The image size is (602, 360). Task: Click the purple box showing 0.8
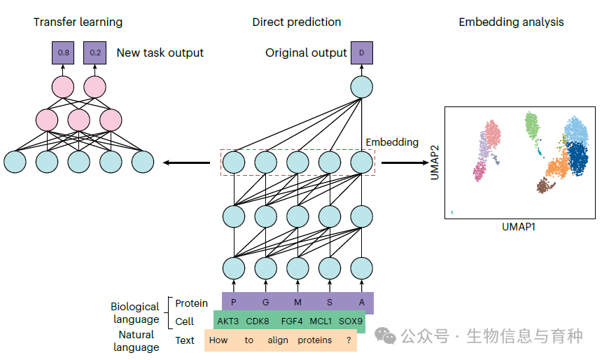62,53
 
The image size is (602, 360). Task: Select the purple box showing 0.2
94,53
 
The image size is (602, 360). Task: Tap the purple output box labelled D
361,53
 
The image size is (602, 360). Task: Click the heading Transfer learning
78,22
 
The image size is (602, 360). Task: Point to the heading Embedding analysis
511,22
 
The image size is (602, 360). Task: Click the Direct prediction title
297,22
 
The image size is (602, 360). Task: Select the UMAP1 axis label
519,227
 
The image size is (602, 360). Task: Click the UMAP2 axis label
435,163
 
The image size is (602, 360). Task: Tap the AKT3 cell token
228,321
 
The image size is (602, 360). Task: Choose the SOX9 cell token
351,321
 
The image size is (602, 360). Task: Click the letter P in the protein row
234,303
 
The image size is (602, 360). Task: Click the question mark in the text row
348,340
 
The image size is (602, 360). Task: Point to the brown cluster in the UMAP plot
545,185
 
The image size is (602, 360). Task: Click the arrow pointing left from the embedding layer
186,162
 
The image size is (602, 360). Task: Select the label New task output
160,53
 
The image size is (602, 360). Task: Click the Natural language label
136,341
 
